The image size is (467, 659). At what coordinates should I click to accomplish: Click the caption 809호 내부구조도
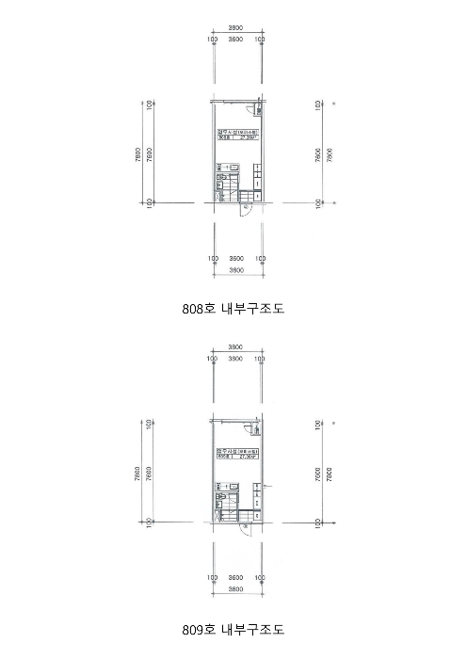[233, 628]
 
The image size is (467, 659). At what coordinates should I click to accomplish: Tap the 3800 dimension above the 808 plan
[236, 29]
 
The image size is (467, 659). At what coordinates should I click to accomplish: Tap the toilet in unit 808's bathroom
[222, 187]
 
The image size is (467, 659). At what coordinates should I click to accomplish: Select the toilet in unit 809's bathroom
[222, 508]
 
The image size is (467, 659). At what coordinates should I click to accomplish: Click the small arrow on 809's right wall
[267, 485]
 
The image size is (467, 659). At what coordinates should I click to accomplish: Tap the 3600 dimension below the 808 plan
[236, 258]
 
